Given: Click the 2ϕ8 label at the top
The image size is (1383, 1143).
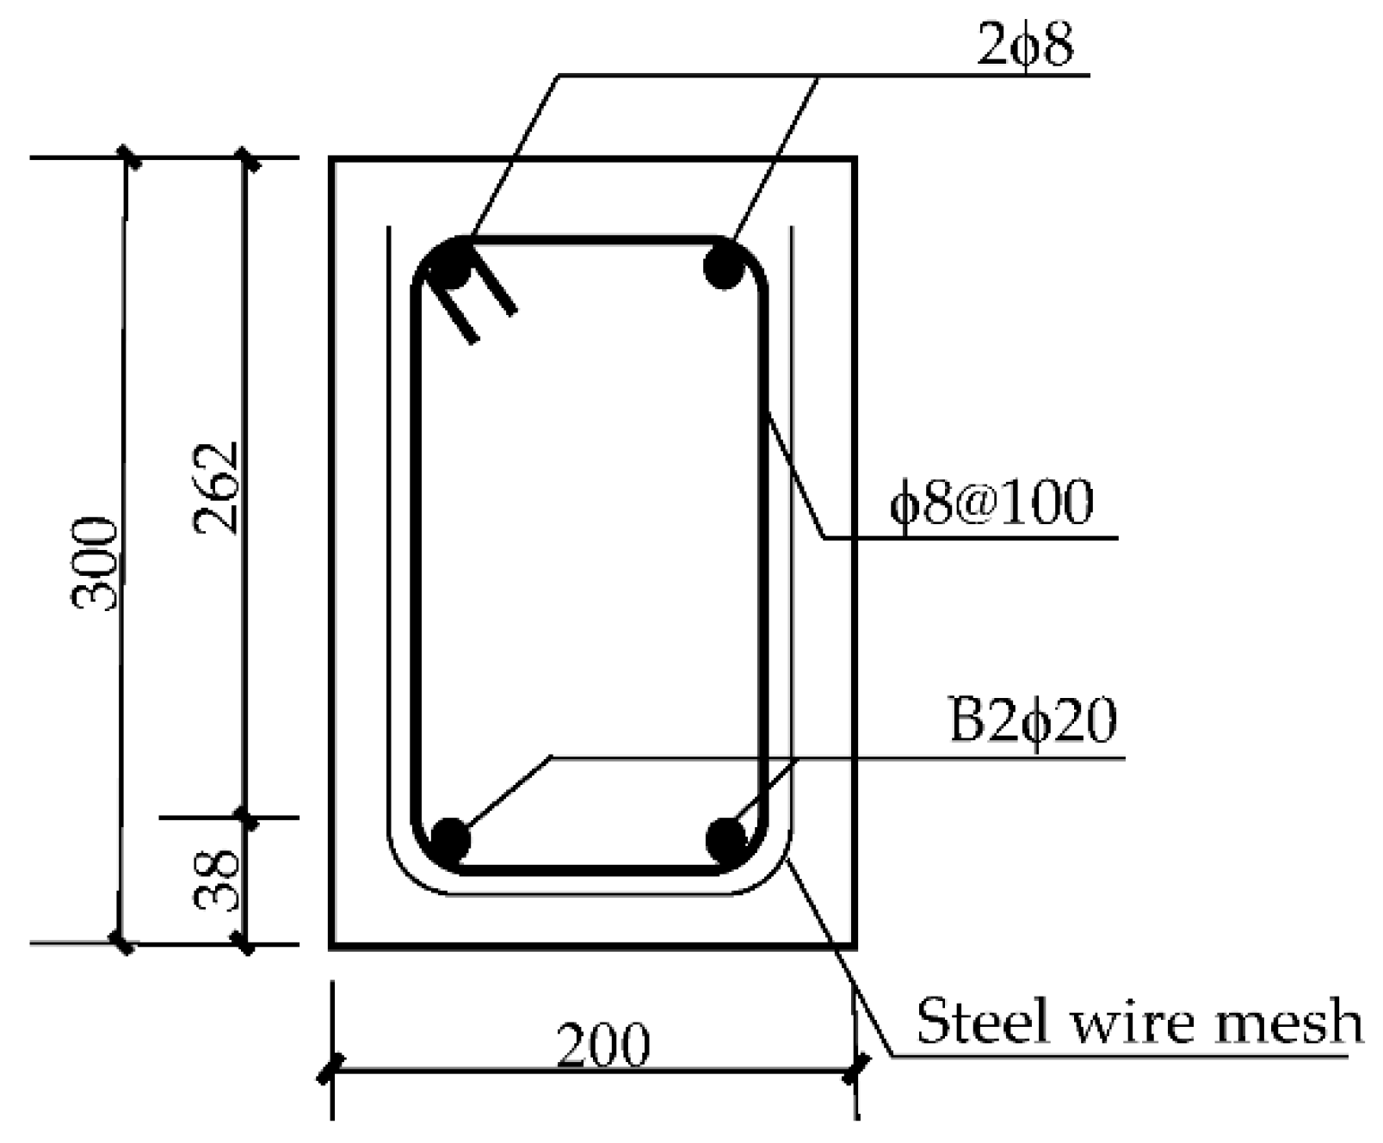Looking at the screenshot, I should (1026, 45).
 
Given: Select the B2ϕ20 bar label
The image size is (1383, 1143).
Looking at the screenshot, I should (1033, 721).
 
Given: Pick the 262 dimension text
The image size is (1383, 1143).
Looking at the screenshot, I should (216, 488).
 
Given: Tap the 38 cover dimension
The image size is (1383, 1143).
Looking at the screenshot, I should (216, 880).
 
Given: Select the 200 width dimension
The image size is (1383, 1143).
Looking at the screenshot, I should (602, 1045).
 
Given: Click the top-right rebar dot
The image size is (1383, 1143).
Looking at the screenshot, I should (725, 266).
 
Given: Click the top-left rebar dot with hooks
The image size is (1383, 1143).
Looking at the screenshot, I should (449, 266).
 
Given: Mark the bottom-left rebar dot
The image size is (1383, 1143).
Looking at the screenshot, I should (449, 840).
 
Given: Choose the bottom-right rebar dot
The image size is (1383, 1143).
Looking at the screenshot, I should (726, 840).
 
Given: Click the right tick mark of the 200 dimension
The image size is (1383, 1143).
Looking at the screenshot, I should (855, 1072).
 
